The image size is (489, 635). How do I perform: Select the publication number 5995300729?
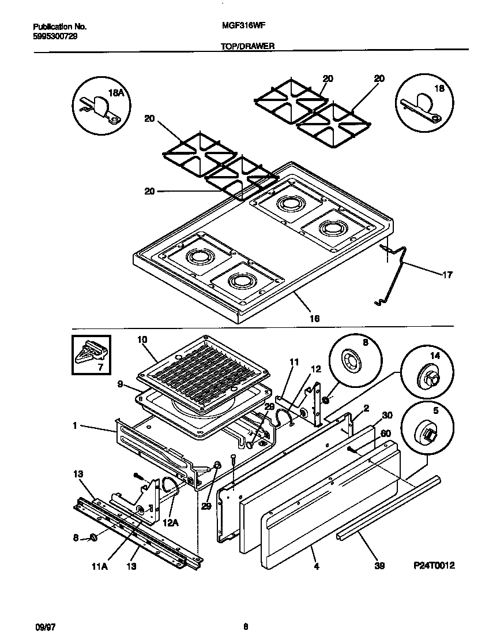tap(55, 36)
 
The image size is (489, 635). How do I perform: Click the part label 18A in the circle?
tap(116, 92)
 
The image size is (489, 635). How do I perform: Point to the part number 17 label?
tap(447, 275)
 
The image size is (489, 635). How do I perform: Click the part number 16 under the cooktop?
tap(314, 318)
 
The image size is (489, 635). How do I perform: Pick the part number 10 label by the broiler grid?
tap(142, 339)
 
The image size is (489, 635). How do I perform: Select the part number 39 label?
tap(379, 566)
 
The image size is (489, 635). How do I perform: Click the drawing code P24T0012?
tap(434, 566)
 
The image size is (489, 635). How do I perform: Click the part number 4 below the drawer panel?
tap(316, 566)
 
